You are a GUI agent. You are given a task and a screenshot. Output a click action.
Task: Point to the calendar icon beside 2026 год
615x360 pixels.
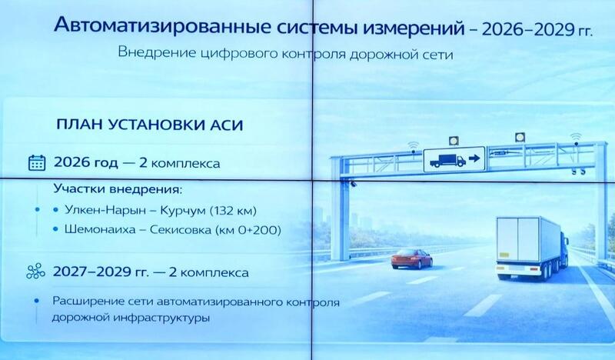[36, 163]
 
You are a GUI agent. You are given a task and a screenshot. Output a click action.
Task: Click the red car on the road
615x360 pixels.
[411, 259]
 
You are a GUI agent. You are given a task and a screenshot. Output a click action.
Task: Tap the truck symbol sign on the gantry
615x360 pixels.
[454, 158]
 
